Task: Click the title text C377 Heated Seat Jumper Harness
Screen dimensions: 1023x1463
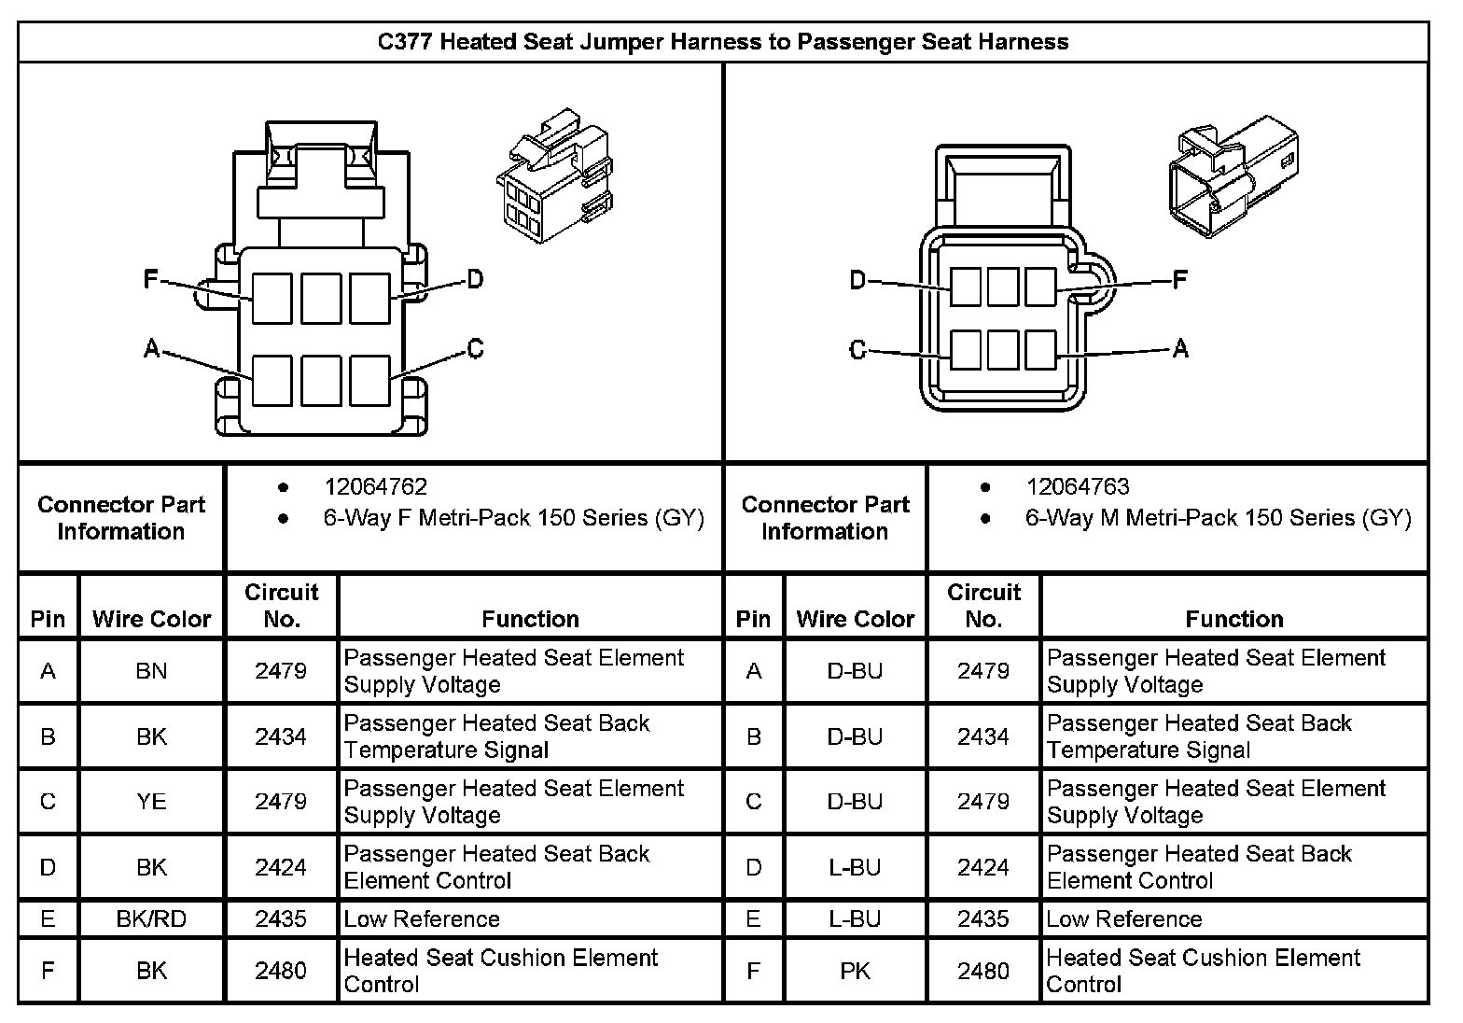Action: point(722,42)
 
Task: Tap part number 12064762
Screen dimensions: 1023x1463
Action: point(375,486)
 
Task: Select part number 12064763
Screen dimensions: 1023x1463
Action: point(1078,486)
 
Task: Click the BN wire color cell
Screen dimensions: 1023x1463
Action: point(151,671)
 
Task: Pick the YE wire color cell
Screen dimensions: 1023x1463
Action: point(151,802)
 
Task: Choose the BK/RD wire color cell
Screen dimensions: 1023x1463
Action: point(151,919)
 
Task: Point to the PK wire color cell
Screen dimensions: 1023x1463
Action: point(855,971)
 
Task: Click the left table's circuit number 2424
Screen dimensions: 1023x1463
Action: point(281,867)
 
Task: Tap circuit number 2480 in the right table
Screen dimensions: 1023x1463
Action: point(983,971)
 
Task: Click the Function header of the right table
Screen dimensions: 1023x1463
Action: point(1233,619)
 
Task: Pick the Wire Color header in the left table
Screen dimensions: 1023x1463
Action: point(151,619)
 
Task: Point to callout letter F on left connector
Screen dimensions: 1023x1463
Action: point(151,278)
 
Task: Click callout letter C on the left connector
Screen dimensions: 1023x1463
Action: point(475,349)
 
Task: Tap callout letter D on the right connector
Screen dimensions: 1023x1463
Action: point(857,279)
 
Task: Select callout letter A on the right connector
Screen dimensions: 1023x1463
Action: point(1180,349)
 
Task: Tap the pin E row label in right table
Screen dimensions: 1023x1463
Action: point(753,919)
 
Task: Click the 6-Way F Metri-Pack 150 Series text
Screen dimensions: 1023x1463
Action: point(513,518)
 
